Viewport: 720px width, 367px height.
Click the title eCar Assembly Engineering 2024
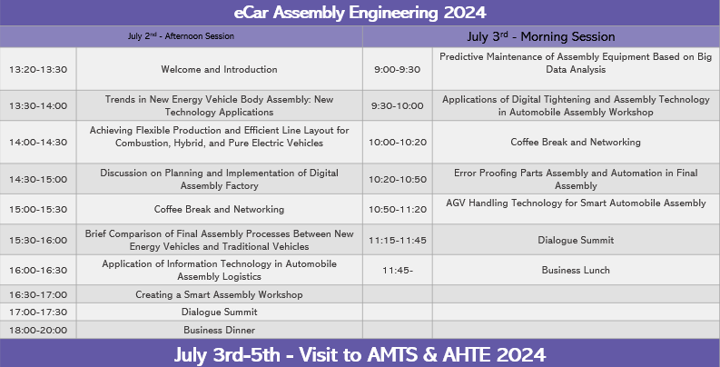360,13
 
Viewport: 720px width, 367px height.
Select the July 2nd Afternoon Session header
181,36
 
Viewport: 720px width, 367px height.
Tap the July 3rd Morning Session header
541,36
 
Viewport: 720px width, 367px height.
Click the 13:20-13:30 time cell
38,69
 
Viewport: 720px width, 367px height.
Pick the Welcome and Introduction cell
219,69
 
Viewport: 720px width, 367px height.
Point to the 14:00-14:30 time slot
38,142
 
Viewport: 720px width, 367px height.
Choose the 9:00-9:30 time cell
397,69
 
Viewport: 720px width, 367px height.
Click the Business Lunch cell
576,270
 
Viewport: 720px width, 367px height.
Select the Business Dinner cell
219,330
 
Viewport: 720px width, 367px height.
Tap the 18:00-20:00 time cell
38,330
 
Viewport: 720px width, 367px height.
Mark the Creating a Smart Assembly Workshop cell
219,294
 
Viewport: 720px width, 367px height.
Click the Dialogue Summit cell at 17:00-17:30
219,312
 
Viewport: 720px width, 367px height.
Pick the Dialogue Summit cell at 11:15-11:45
576,240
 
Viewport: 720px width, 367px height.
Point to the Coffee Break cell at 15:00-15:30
219,209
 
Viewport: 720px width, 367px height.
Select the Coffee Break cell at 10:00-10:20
576,142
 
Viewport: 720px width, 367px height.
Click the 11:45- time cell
397,270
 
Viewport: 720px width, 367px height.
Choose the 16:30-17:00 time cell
38,294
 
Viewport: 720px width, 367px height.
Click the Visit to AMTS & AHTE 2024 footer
360,354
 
